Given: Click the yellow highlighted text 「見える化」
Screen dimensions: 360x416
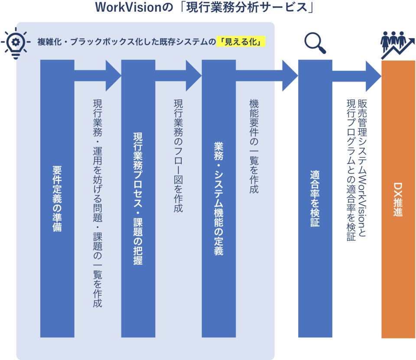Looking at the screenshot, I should (240, 42).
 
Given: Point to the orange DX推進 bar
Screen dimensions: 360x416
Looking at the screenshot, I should (398, 200).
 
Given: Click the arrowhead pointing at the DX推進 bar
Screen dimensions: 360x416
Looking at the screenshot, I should (374, 76).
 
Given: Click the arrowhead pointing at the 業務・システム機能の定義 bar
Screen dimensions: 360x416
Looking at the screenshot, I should (194, 76).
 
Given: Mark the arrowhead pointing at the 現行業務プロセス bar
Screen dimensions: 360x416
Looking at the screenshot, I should (113, 76).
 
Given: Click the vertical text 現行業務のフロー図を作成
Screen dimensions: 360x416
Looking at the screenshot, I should (178, 156).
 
